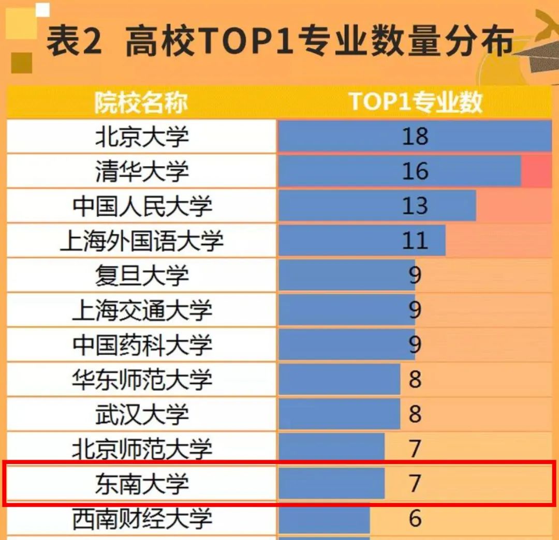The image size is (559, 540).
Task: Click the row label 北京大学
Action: [x=142, y=137]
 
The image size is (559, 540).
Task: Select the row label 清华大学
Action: [x=142, y=171]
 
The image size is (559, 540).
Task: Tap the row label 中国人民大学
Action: [x=142, y=206]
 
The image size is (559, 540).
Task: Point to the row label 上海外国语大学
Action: [x=142, y=241]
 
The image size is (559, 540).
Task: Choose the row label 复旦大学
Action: [x=142, y=275]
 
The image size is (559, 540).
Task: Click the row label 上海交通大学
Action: [x=142, y=310]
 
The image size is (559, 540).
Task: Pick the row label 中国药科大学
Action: [x=142, y=344]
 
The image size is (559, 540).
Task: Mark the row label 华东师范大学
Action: [x=142, y=380]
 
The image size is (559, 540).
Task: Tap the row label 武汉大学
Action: [x=142, y=414]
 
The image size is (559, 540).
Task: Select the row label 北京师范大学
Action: [x=142, y=448]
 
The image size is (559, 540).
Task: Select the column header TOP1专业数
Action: [x=415, y=102]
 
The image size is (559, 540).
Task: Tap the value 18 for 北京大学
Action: [x=415, y=137]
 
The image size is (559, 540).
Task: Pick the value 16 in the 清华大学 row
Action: [x=415, y=171]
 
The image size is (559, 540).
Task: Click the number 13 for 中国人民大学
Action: [x=415, y=206]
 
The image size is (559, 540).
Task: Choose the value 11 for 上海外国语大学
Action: [x=415, y=241]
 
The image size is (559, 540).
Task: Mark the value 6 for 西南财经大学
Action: [x=415, y=518]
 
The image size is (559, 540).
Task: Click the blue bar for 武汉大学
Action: [x=339, y=414]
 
